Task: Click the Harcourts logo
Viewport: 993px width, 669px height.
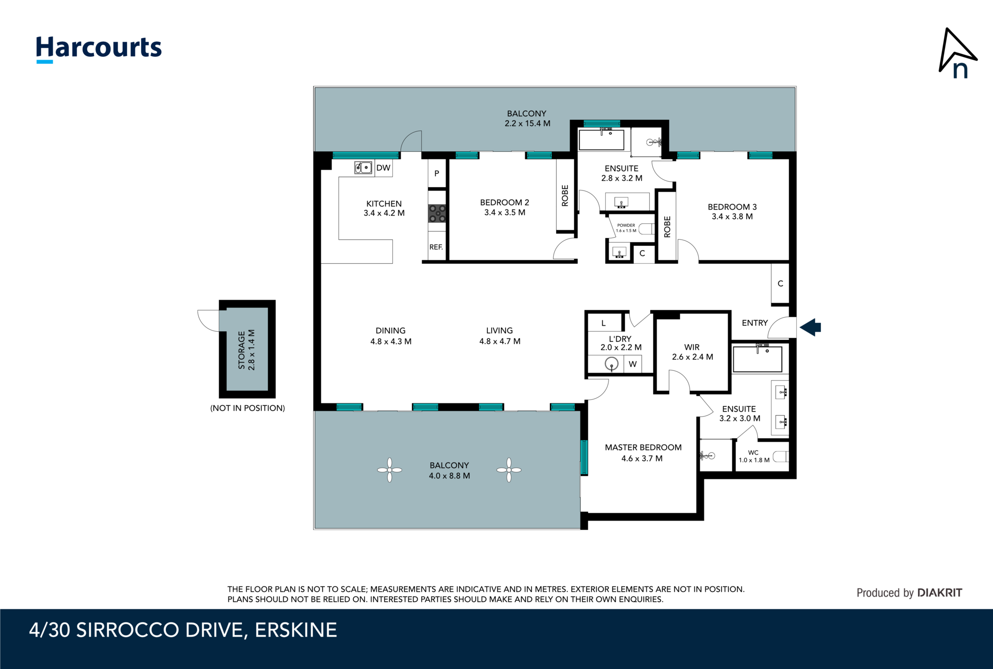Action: (x=99, y=49)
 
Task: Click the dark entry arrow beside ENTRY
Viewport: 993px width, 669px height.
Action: (x=810, y=327)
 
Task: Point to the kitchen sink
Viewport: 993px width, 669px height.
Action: (x=363, y=168)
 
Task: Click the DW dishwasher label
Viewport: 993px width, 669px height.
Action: (x=383, y=168)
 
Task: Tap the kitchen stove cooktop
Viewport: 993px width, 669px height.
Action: (x=437, y=213)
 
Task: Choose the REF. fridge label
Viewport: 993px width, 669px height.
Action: (x=436, y=247)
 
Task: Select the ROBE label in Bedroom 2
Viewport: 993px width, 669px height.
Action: (x=565, y=195)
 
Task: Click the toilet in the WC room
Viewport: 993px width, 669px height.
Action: (x=780, y=457)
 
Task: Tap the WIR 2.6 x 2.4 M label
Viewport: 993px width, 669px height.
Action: (x=692, y=352)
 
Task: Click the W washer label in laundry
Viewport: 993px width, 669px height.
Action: (x=633, y=364)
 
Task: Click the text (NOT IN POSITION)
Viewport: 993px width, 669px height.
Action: (x=247, y=408)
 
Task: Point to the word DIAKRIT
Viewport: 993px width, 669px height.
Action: (x=940, y=592)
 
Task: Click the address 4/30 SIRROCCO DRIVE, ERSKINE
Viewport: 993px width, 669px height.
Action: (x=183, y=630)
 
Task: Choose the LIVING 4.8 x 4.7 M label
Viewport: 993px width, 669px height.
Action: (x=500, y=336)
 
